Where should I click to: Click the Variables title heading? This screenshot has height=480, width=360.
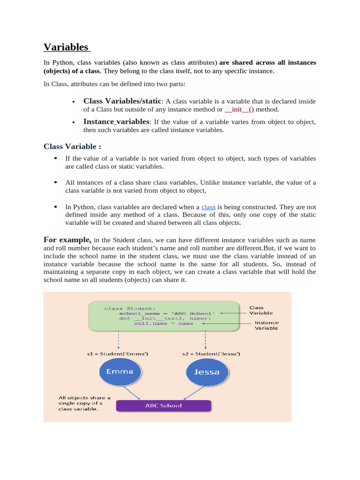tap(66, 47)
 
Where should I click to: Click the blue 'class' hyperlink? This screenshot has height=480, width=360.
tap(208, 207)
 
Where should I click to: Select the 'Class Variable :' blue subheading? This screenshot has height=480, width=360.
tap(72, 146)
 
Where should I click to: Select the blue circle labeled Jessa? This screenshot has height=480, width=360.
tap(203, 372)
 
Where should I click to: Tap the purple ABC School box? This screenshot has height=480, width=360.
tap(163, 405)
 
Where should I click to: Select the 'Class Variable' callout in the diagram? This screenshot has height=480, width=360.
tap(261, 310)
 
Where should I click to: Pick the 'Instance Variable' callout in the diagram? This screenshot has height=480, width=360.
tap(266, 325)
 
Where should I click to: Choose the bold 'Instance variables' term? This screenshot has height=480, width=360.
tap(116, 121)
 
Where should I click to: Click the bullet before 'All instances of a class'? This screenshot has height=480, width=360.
tap(56, 182)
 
